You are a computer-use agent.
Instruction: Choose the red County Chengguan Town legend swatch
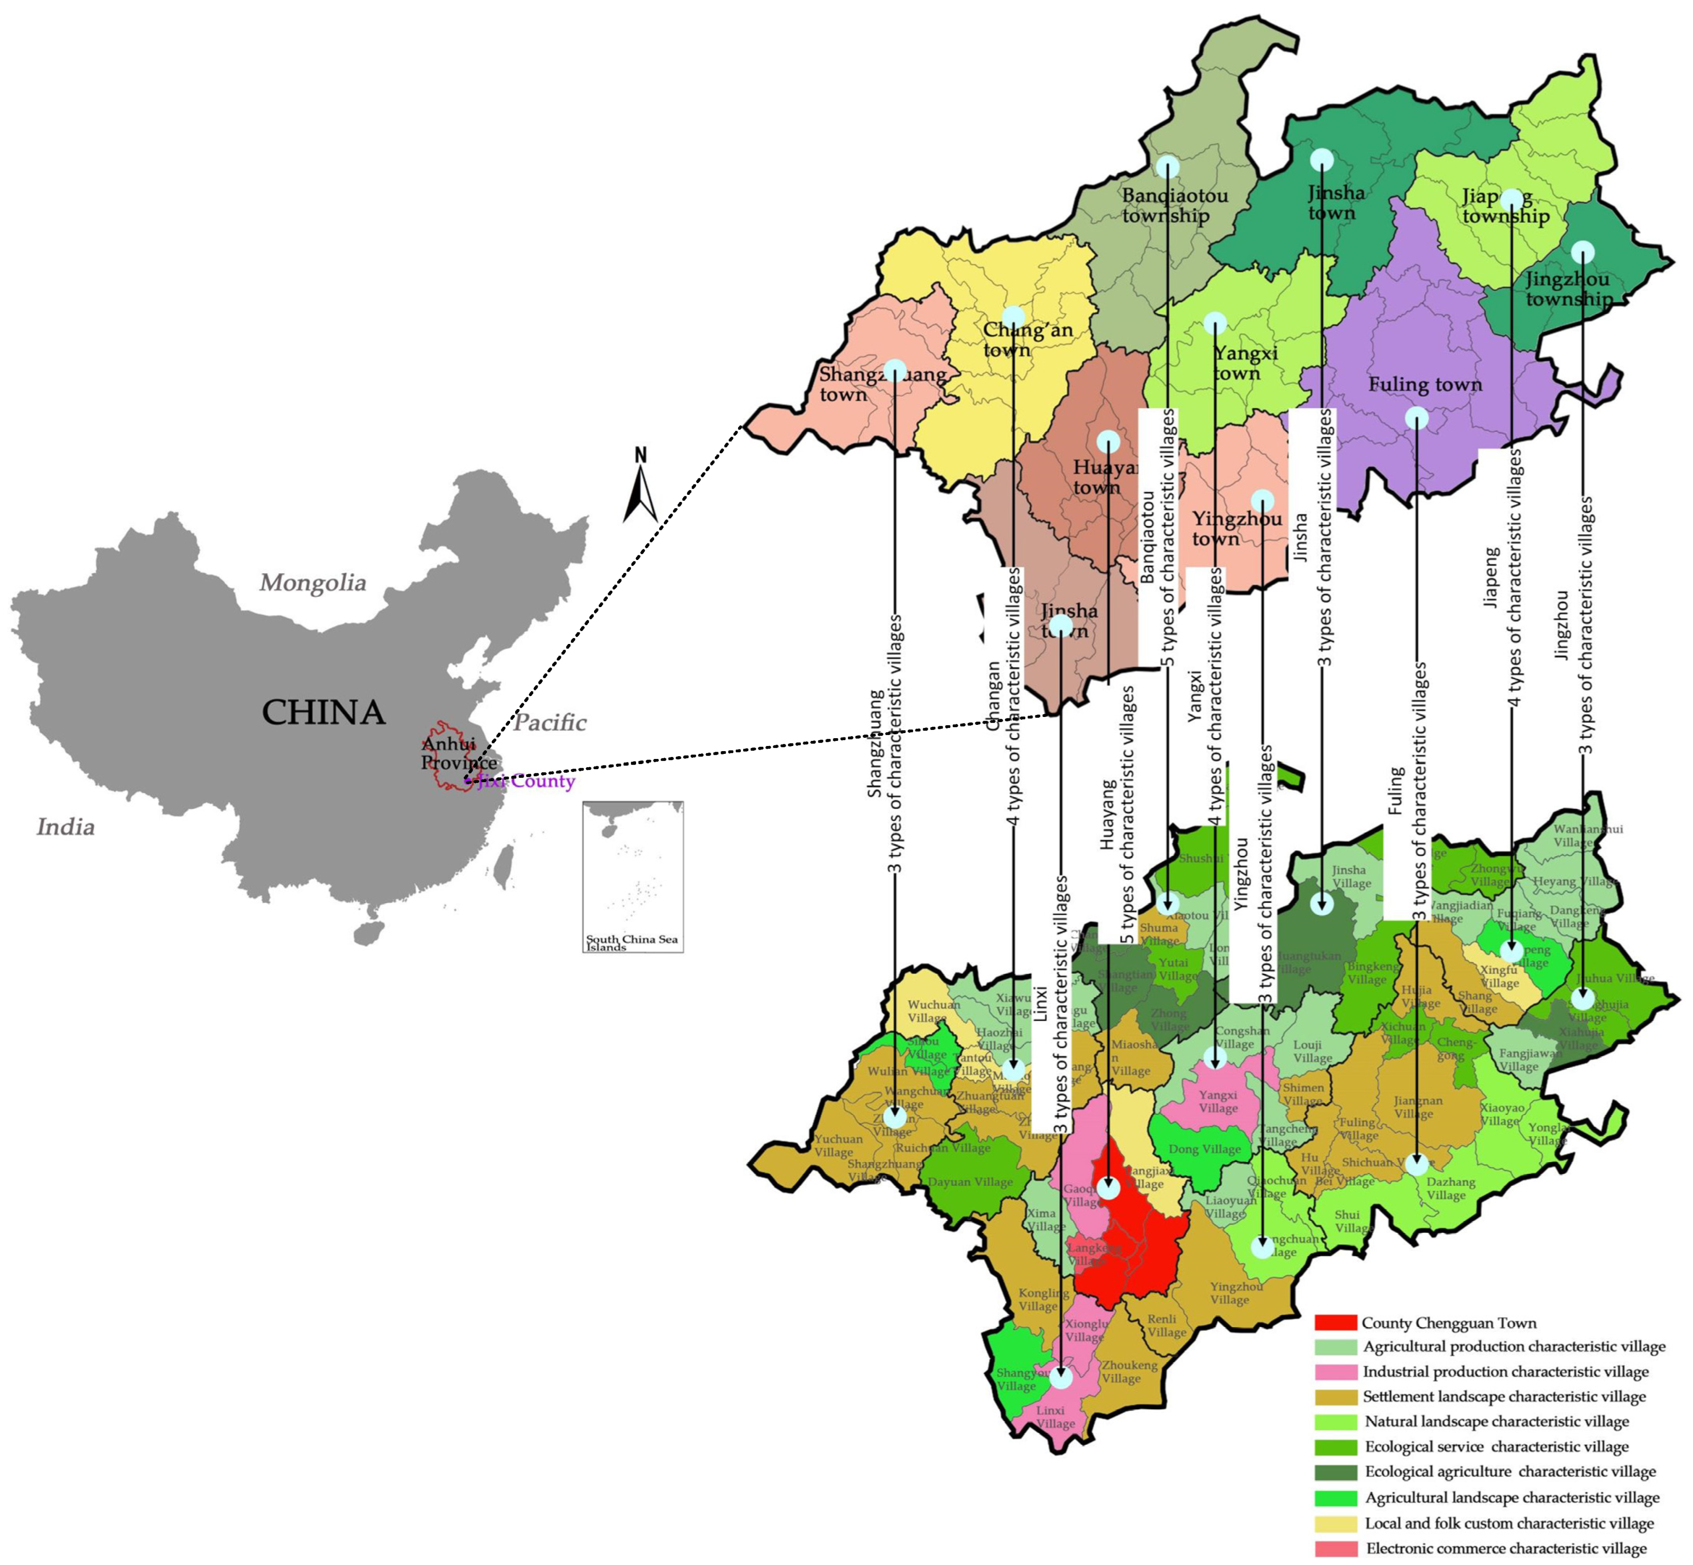coord(1335,1323)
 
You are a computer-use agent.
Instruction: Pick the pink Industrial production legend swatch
coord(1335,1372)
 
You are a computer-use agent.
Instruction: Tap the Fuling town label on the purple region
coord(1425,385)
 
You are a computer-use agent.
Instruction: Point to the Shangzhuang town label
coord(880,384)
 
